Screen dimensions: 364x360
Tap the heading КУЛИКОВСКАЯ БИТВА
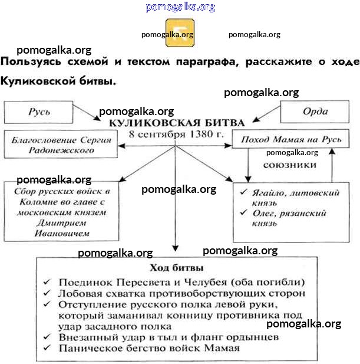pyautogui.click(x=176, y=123)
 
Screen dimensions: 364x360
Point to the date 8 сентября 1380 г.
pyautogui.click(x=176, y=135)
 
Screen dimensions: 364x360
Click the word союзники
pyautogui.click(x=289, y=165)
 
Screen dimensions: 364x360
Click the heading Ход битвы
pyautogui.click(x=177, y=268)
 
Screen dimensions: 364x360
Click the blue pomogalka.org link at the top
pyautogui.click(x=180, y=7)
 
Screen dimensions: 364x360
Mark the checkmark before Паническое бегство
pyautogui.click(x=47, y=348)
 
